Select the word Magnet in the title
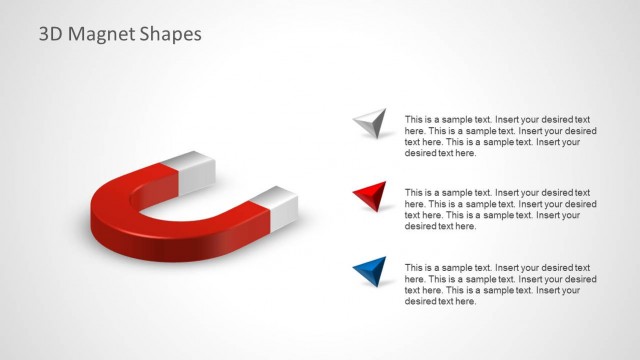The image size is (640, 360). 102,34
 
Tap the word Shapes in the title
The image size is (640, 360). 170,34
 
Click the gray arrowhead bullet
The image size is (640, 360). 370,123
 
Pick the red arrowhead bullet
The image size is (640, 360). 370,196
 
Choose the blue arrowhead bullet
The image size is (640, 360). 370,270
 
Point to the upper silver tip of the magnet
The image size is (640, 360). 192,169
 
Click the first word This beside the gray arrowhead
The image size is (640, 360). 414,119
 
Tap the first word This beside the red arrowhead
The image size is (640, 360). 414,192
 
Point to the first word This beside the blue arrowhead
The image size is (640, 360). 414,267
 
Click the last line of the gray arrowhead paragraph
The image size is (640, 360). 440,153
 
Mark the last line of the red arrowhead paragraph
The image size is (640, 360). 440,226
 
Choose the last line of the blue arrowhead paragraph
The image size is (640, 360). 440,301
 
